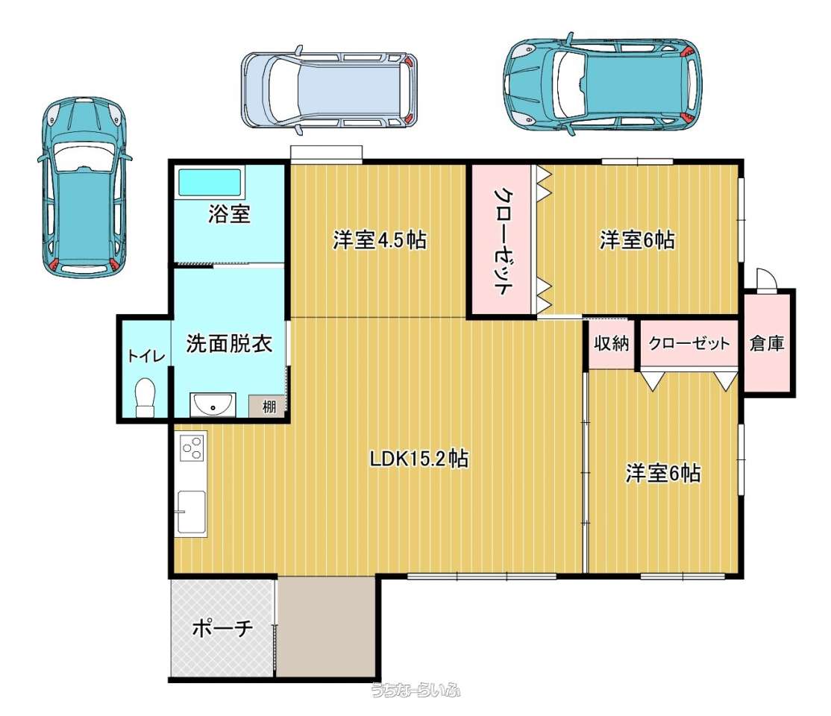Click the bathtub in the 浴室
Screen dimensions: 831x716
click(210, 182)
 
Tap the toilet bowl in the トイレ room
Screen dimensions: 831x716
click(145, 397)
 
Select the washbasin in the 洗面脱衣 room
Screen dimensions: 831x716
click(213, 405)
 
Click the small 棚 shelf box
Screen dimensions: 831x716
click(268, 406)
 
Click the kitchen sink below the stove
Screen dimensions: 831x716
click(191, 512)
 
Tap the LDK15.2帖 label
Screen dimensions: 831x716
click(418, 459)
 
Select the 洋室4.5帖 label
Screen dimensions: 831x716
click(380, 240)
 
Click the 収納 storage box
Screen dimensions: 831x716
click(612, 343)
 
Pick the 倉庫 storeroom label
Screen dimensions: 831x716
click(767, 343)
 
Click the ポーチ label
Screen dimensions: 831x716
click(222, 629)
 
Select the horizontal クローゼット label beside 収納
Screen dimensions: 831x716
click(689, 343)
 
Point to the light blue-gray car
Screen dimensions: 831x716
click(329, 89)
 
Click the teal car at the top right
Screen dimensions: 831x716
click(603, 84)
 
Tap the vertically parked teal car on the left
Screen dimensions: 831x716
click(85, 188)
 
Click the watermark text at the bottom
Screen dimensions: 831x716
click(415, 689)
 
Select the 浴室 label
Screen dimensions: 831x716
click(229, 214)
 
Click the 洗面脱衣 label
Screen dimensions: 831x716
click(229, 343)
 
